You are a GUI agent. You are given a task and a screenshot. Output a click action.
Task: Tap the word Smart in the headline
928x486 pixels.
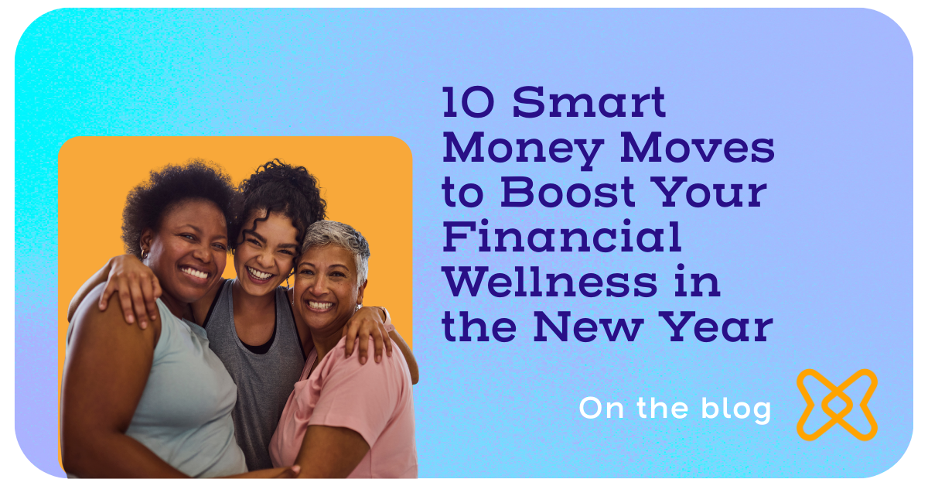click(x=589, y=104)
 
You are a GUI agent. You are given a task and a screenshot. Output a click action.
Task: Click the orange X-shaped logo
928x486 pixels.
click(x=837, y=405)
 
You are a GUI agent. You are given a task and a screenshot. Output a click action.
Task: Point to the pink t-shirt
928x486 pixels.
click(x=340, y=410)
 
